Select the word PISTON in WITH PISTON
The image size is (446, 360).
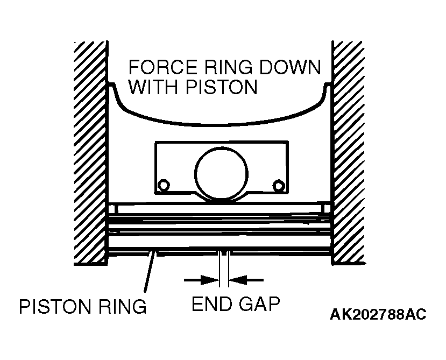pyautogui.click(x=222, y=87)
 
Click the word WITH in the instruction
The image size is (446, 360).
pyautogui.click(x=155, y=87)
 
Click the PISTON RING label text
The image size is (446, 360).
pyautogui.click(x=83, y=307)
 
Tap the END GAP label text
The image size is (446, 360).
pyautogui.click(x=236, y=303)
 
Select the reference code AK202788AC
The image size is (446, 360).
pyautogui.click(x=378, y=314)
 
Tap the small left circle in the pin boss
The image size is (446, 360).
pyautogui.click(x=164, y=186)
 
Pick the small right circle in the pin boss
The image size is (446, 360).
pyautogui.click(x=279, y=186)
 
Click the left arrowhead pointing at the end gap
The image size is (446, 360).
pyautogui.click(x=210, y=280)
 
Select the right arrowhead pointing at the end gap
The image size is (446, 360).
pyautogui.click(x=238, y=280)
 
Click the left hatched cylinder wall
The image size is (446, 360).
pyautogui.click(x=91, y=153)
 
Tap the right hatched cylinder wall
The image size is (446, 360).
pyautogui.click(x=348, y=153)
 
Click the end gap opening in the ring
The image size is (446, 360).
pyautogui.click(x=224, y=253)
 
